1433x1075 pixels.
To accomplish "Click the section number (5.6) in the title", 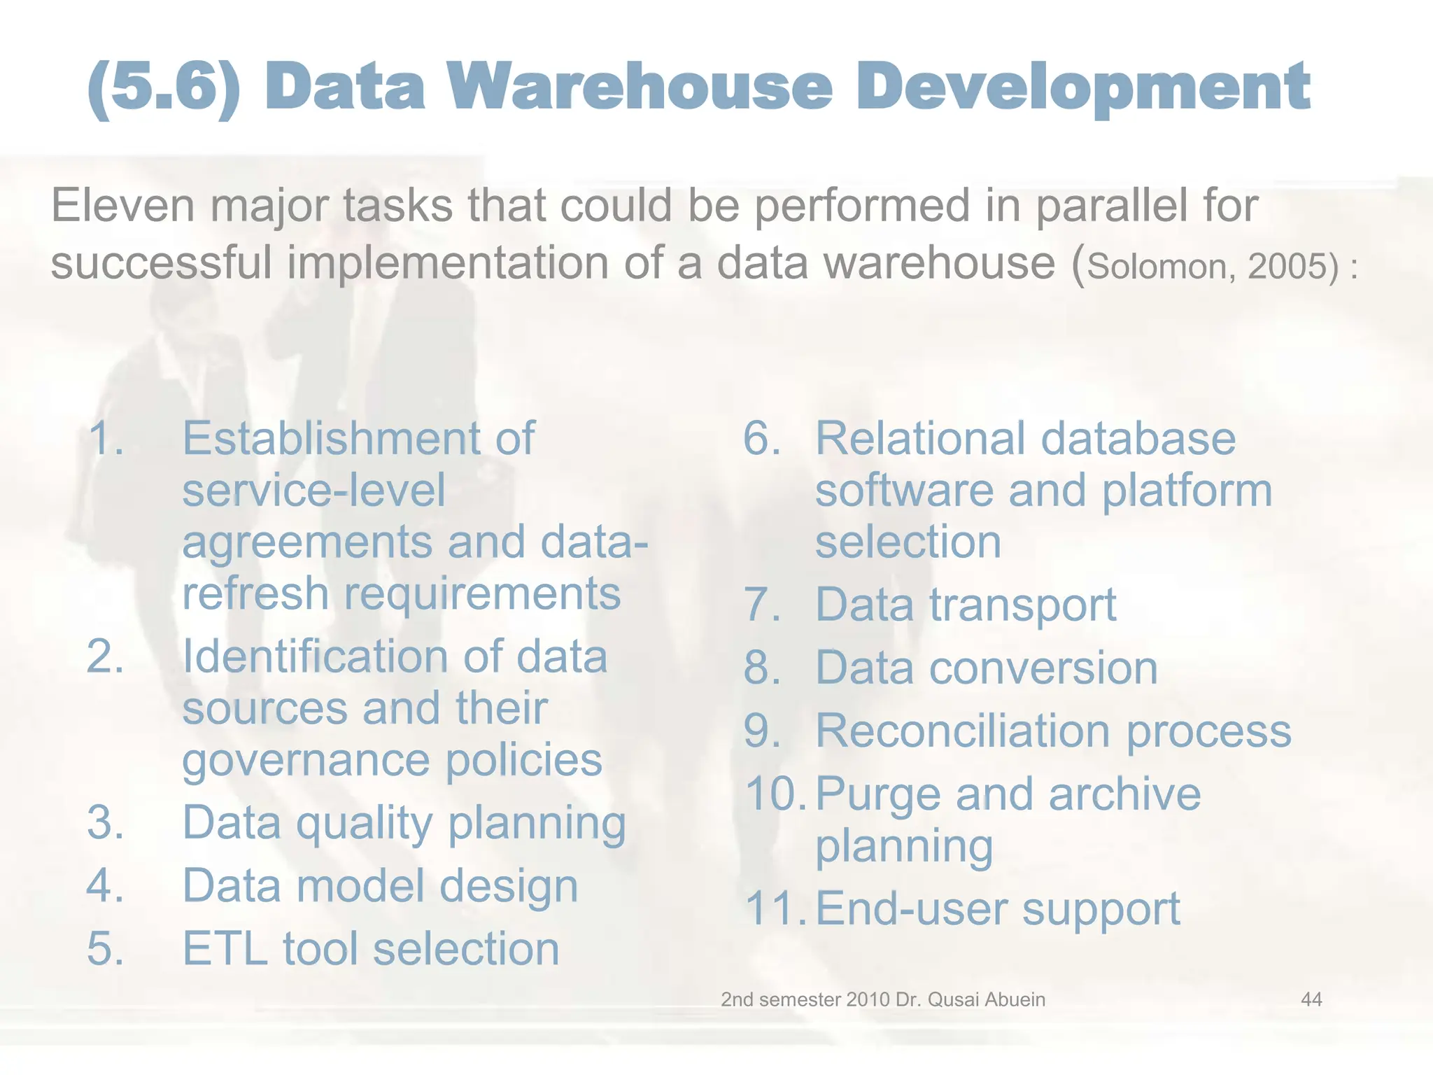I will (164, 87).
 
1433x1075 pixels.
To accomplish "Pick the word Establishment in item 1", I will (332, 439).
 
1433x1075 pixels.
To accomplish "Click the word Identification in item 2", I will (316, 657).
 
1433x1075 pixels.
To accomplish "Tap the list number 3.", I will (106, 822).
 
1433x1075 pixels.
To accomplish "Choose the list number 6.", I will (761, 439).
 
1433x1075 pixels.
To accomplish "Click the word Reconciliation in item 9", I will (963, 731).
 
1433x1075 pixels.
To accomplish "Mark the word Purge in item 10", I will (878, 796).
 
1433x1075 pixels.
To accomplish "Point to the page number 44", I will (1311, 999).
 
